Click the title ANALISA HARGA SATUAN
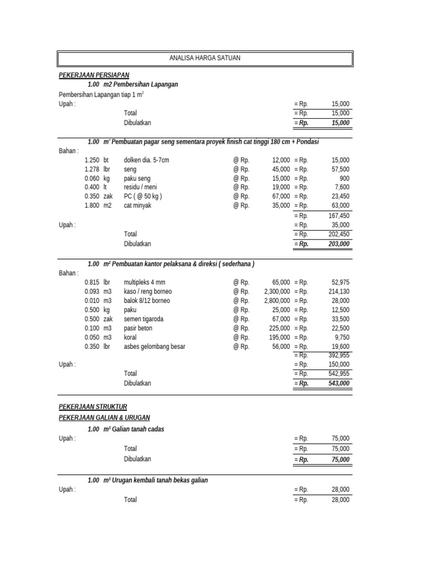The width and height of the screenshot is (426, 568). point(205,58)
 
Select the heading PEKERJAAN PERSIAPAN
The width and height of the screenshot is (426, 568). point(94,74)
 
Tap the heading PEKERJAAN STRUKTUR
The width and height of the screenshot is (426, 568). point(93,407)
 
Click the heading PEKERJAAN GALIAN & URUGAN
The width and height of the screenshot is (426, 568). point(104,417)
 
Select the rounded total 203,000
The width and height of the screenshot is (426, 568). point(337,244)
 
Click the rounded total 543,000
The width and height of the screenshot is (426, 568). point(337,383)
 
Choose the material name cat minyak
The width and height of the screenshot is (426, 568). point(137,206)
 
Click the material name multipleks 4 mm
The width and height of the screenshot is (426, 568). point(144,282)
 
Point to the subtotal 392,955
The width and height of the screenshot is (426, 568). point(337,356)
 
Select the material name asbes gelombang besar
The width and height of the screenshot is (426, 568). point(154,347)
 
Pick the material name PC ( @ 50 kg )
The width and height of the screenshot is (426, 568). point(143,196)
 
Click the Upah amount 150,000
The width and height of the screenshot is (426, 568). point(337,365)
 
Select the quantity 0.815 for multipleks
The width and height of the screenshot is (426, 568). point(92,282)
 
